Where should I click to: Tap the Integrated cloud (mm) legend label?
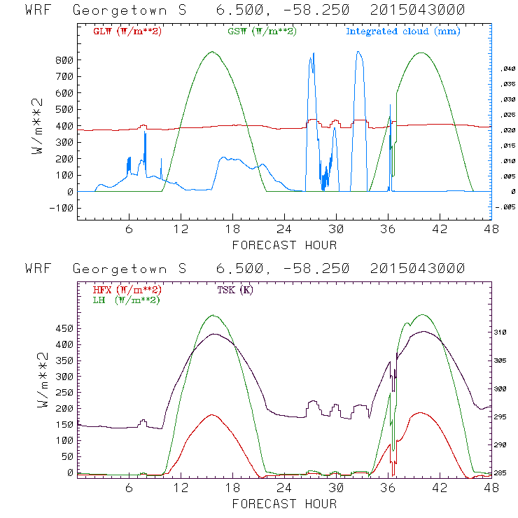[403, 31]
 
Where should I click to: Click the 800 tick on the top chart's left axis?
[64, 60]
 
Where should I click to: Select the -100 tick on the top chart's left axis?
[62, 208]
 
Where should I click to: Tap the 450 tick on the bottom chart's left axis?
[64, 328]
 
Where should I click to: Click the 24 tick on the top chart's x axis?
[283, 230]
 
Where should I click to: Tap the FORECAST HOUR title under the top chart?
[284, 245]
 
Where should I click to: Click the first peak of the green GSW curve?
[213, 51]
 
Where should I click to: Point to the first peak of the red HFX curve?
[213, 414]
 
